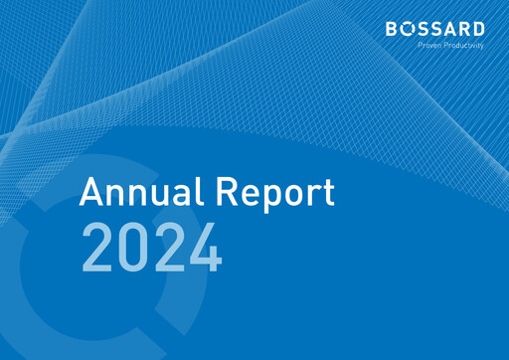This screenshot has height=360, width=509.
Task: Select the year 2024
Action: pyautogui.click(x=151, y=249)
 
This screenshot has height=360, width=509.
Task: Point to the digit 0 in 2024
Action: pyautogui.click(x=133, y=249)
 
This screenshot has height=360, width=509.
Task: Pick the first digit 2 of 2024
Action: pyautogui.click(x=97, y=249)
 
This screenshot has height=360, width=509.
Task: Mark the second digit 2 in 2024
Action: pyautogui.click(x=169, y=249)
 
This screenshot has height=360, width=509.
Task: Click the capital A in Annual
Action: pyautogui.click(x=92, y=192)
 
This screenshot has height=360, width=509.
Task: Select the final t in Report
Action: pyautogui.click(x=328, y=193)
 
